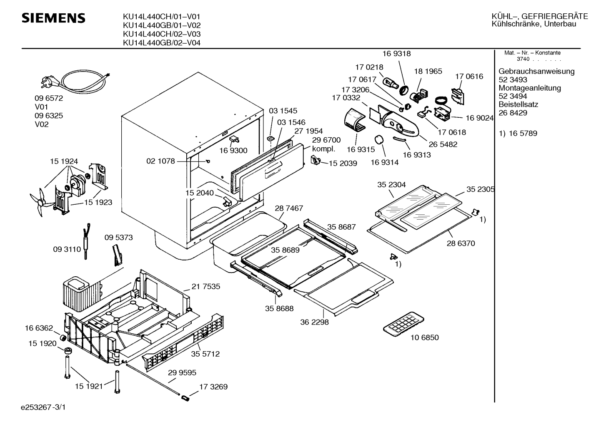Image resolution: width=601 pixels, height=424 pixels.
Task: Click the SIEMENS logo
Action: pyautogui.click(x=53, y=18)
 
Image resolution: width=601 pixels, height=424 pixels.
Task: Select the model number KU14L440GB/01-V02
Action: pyautogui.click(x=162, y=25)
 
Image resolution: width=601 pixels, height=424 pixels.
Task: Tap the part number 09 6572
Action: pyautogui.click(x=49, y=98)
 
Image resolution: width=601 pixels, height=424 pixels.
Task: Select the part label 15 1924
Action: pyautogui.click(x=64, y=161)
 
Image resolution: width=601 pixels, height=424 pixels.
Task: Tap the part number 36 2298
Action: pyautogui.click(x=314, y=322)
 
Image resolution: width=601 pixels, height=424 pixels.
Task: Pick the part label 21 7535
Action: pyautogui.click(x=205, y=286)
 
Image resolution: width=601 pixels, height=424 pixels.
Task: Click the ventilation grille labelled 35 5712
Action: pyautogui.click(x=183, y=343)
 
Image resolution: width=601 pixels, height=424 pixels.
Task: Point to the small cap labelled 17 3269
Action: pyautogui.click(x=185, y=398)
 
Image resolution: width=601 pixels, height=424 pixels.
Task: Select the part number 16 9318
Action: pyautogui.click(x=396, y=54)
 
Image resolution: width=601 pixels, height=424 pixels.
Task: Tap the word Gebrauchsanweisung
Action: pyautogui.click(x=536, y=71)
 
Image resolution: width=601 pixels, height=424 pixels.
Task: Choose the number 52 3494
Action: pyautogui.click(x=513, y=96)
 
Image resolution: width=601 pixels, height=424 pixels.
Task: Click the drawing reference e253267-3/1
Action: pyautogui.click(x=43, y=407)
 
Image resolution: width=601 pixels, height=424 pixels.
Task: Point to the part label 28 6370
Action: pyautogui.click(x=461, y=243)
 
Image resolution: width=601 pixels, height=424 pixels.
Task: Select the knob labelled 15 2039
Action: pyautogui.click(x=316, y=160)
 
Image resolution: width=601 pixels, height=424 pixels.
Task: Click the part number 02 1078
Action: pyautogui.click(x=160, y=161)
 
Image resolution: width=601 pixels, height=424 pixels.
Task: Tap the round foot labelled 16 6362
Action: pyautogui.click(x=63, y=338)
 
